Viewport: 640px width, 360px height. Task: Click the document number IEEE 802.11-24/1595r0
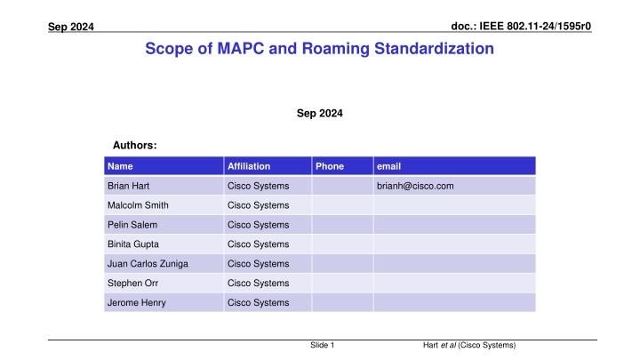click(535, 26)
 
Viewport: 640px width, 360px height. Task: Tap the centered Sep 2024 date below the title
click(320, 113)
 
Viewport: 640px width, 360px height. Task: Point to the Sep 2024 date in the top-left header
click(71, 27)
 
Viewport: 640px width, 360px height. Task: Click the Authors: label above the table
click(135, 145)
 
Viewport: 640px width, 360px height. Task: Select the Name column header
click(120, 166)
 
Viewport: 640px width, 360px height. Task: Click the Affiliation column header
click(249, 166)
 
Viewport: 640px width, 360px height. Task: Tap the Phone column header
click(330, 166)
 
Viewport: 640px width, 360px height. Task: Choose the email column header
click(388, 166)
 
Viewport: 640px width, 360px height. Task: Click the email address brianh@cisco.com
click(415, 186)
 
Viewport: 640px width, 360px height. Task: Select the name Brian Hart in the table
click(128, 186)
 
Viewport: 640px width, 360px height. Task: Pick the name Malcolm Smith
click(138, 205)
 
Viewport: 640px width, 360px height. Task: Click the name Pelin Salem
click(132, 225)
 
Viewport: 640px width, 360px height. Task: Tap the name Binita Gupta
click(133, 244)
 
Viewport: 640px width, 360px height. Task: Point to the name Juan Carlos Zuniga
click(148, 264)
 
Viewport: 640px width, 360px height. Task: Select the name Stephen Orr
click(132, 283)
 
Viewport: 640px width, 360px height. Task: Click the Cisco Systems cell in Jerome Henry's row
click(258, 302)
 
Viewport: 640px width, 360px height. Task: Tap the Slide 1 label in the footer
click(322, 345)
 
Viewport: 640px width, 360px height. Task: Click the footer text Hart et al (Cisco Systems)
click(469, 345)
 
